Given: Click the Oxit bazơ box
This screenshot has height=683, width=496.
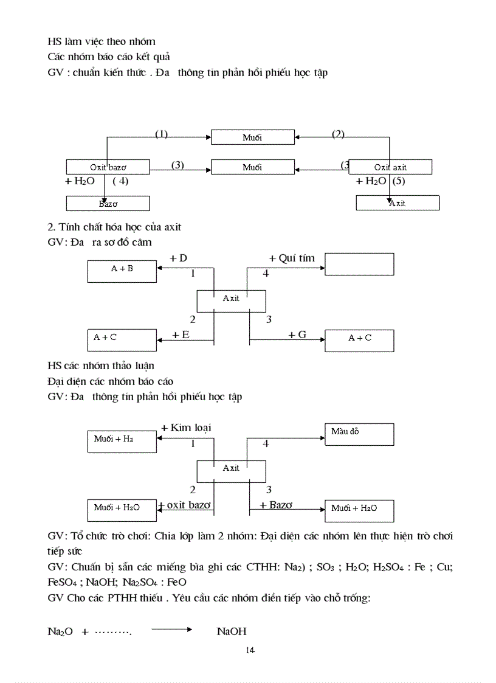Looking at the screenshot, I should coord(108,167).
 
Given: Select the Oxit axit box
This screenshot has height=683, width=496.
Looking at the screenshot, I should coord(390,167).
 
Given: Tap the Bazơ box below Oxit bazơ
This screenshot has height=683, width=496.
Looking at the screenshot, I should coord(108,203).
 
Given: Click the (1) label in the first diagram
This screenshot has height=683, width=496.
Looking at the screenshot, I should coord(161,134).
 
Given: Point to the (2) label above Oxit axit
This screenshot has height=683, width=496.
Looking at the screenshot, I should coord(339,134).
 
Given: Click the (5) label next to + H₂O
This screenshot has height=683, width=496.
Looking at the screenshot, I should coord(399,181).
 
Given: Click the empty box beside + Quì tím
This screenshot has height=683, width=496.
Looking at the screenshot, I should coord(359,265).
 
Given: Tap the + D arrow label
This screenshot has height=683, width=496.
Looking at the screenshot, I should coord(178,258).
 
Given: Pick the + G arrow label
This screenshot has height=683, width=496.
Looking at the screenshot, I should coord(297,335).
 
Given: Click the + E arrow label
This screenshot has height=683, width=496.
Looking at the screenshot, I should coord(181,335).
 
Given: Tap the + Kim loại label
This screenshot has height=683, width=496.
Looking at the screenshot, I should coord(186,428).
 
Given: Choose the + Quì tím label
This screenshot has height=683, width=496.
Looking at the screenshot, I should coord(292,258).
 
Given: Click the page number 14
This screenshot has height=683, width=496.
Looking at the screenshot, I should coord(250,650).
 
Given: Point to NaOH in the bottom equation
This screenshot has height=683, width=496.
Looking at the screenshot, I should coord(232,632).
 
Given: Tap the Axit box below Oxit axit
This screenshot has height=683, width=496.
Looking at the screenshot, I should coord(398,203).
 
